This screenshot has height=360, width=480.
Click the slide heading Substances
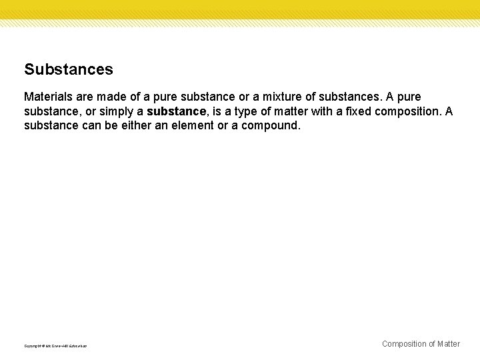pos(69,69)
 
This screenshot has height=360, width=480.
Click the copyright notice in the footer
pos(55,346)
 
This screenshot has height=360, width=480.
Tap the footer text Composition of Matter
pos(421,344)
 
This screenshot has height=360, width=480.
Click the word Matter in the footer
pos(449,344)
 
